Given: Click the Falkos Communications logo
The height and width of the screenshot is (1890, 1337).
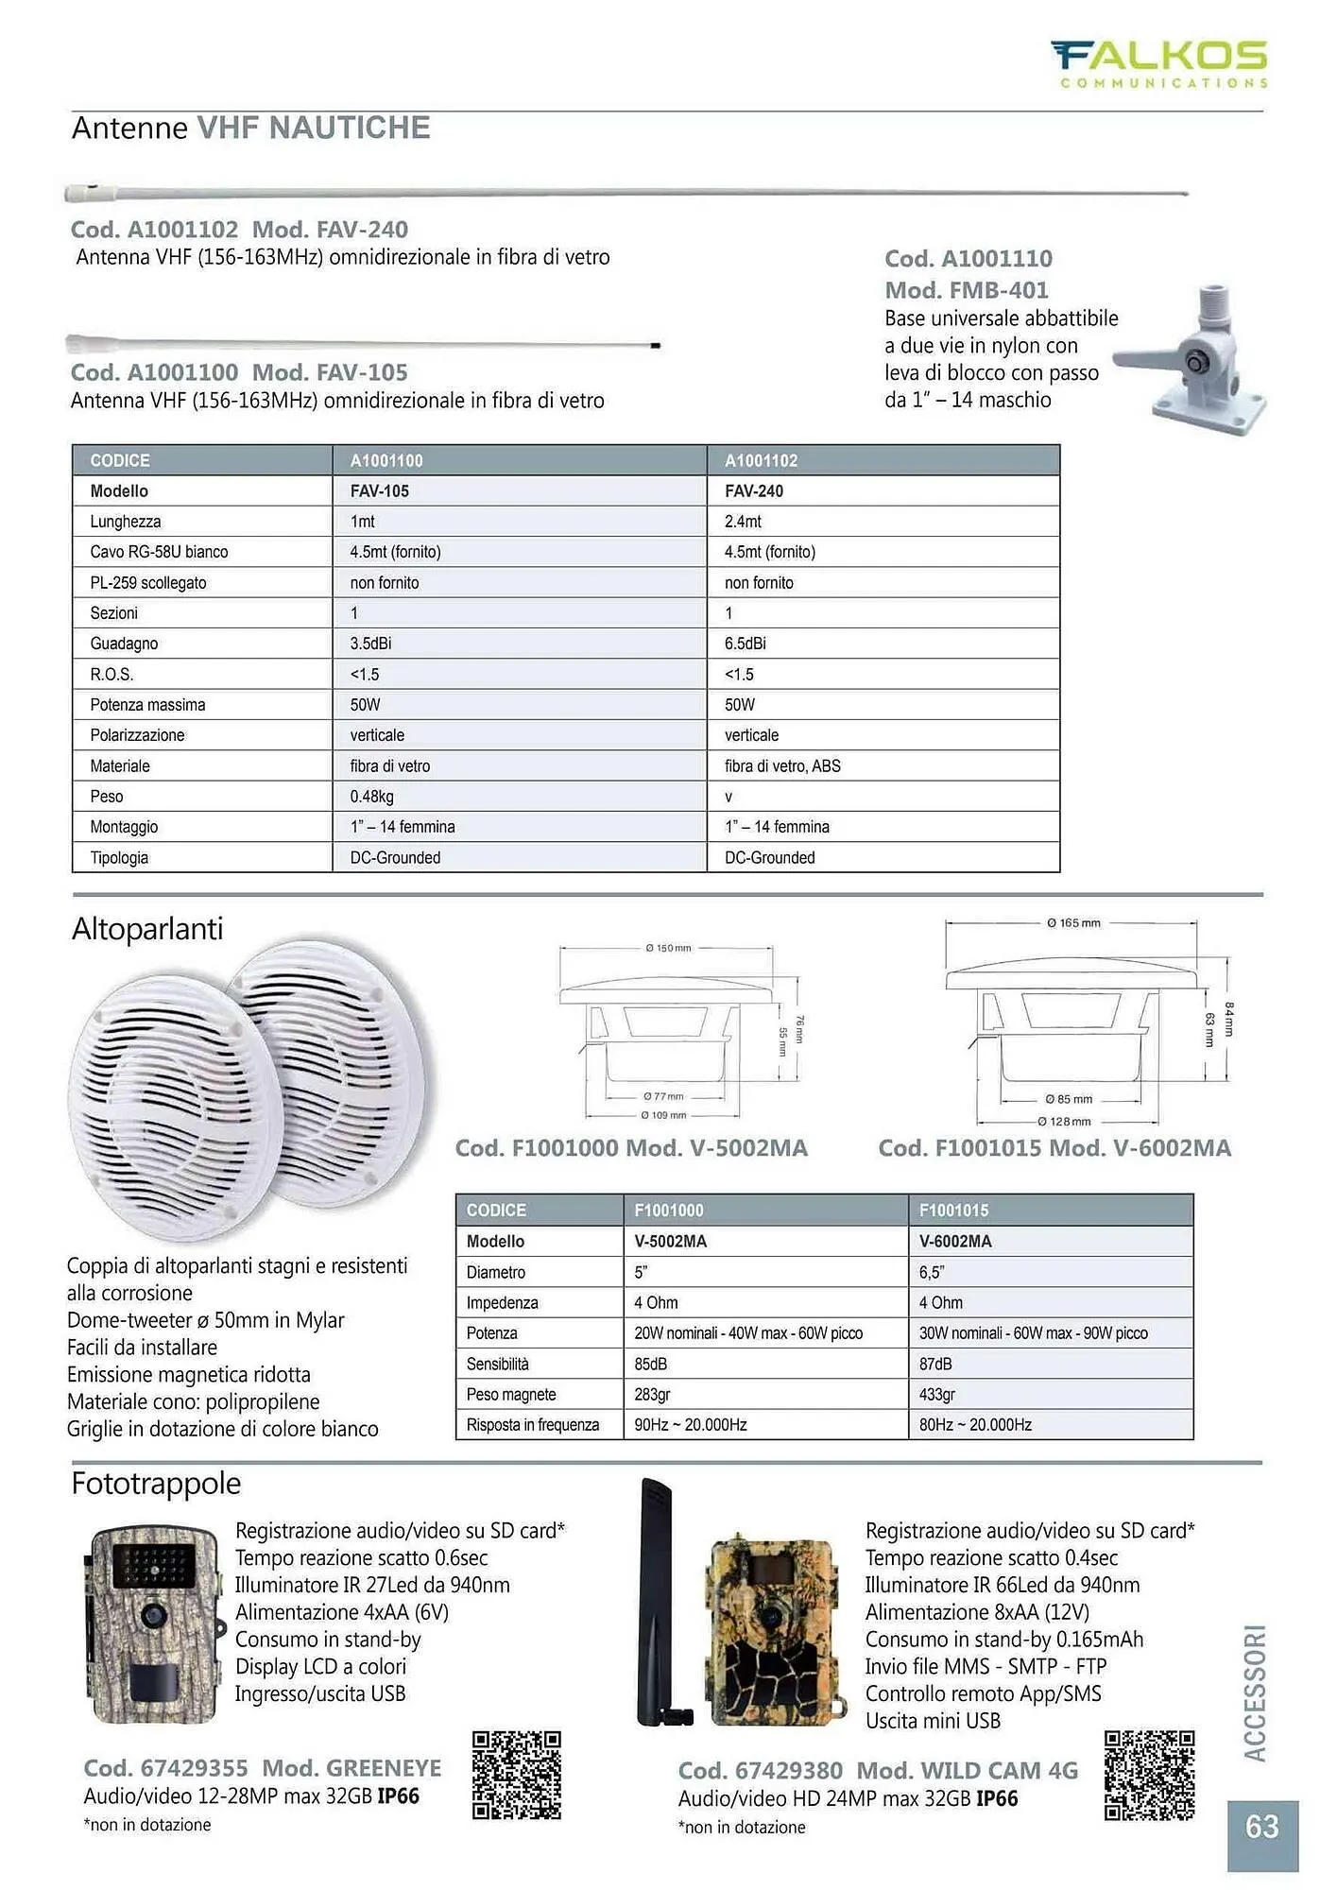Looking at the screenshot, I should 1160,62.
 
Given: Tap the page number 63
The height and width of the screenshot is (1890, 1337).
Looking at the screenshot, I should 1262,1826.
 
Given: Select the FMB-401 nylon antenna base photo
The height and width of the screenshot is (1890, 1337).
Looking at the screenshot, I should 1193,359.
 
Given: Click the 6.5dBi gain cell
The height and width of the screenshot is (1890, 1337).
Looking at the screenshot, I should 746,644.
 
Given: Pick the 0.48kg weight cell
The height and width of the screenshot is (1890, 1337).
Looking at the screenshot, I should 372,797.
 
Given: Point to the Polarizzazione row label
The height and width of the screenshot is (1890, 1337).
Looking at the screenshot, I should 137,735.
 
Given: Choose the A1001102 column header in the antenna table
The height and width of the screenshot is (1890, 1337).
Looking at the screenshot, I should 761,460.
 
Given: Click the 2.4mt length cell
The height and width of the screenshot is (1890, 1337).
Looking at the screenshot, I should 743,522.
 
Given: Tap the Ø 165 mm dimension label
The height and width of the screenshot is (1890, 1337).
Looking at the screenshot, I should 1073,922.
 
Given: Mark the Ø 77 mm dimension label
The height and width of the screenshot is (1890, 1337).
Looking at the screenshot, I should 663,1096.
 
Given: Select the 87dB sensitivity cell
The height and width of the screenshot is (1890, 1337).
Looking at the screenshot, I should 935,1364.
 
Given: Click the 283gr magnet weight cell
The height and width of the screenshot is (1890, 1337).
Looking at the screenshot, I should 652,1395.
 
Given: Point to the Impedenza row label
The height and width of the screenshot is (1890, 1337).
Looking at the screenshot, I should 502,1303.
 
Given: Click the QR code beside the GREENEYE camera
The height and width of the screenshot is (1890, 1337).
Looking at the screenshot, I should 516,1776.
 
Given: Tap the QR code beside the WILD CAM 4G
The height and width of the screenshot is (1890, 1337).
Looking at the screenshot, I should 1149,1776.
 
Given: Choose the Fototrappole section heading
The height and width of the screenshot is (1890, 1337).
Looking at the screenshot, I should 156,1484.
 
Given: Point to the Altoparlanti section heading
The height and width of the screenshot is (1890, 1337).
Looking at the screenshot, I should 147,929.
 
